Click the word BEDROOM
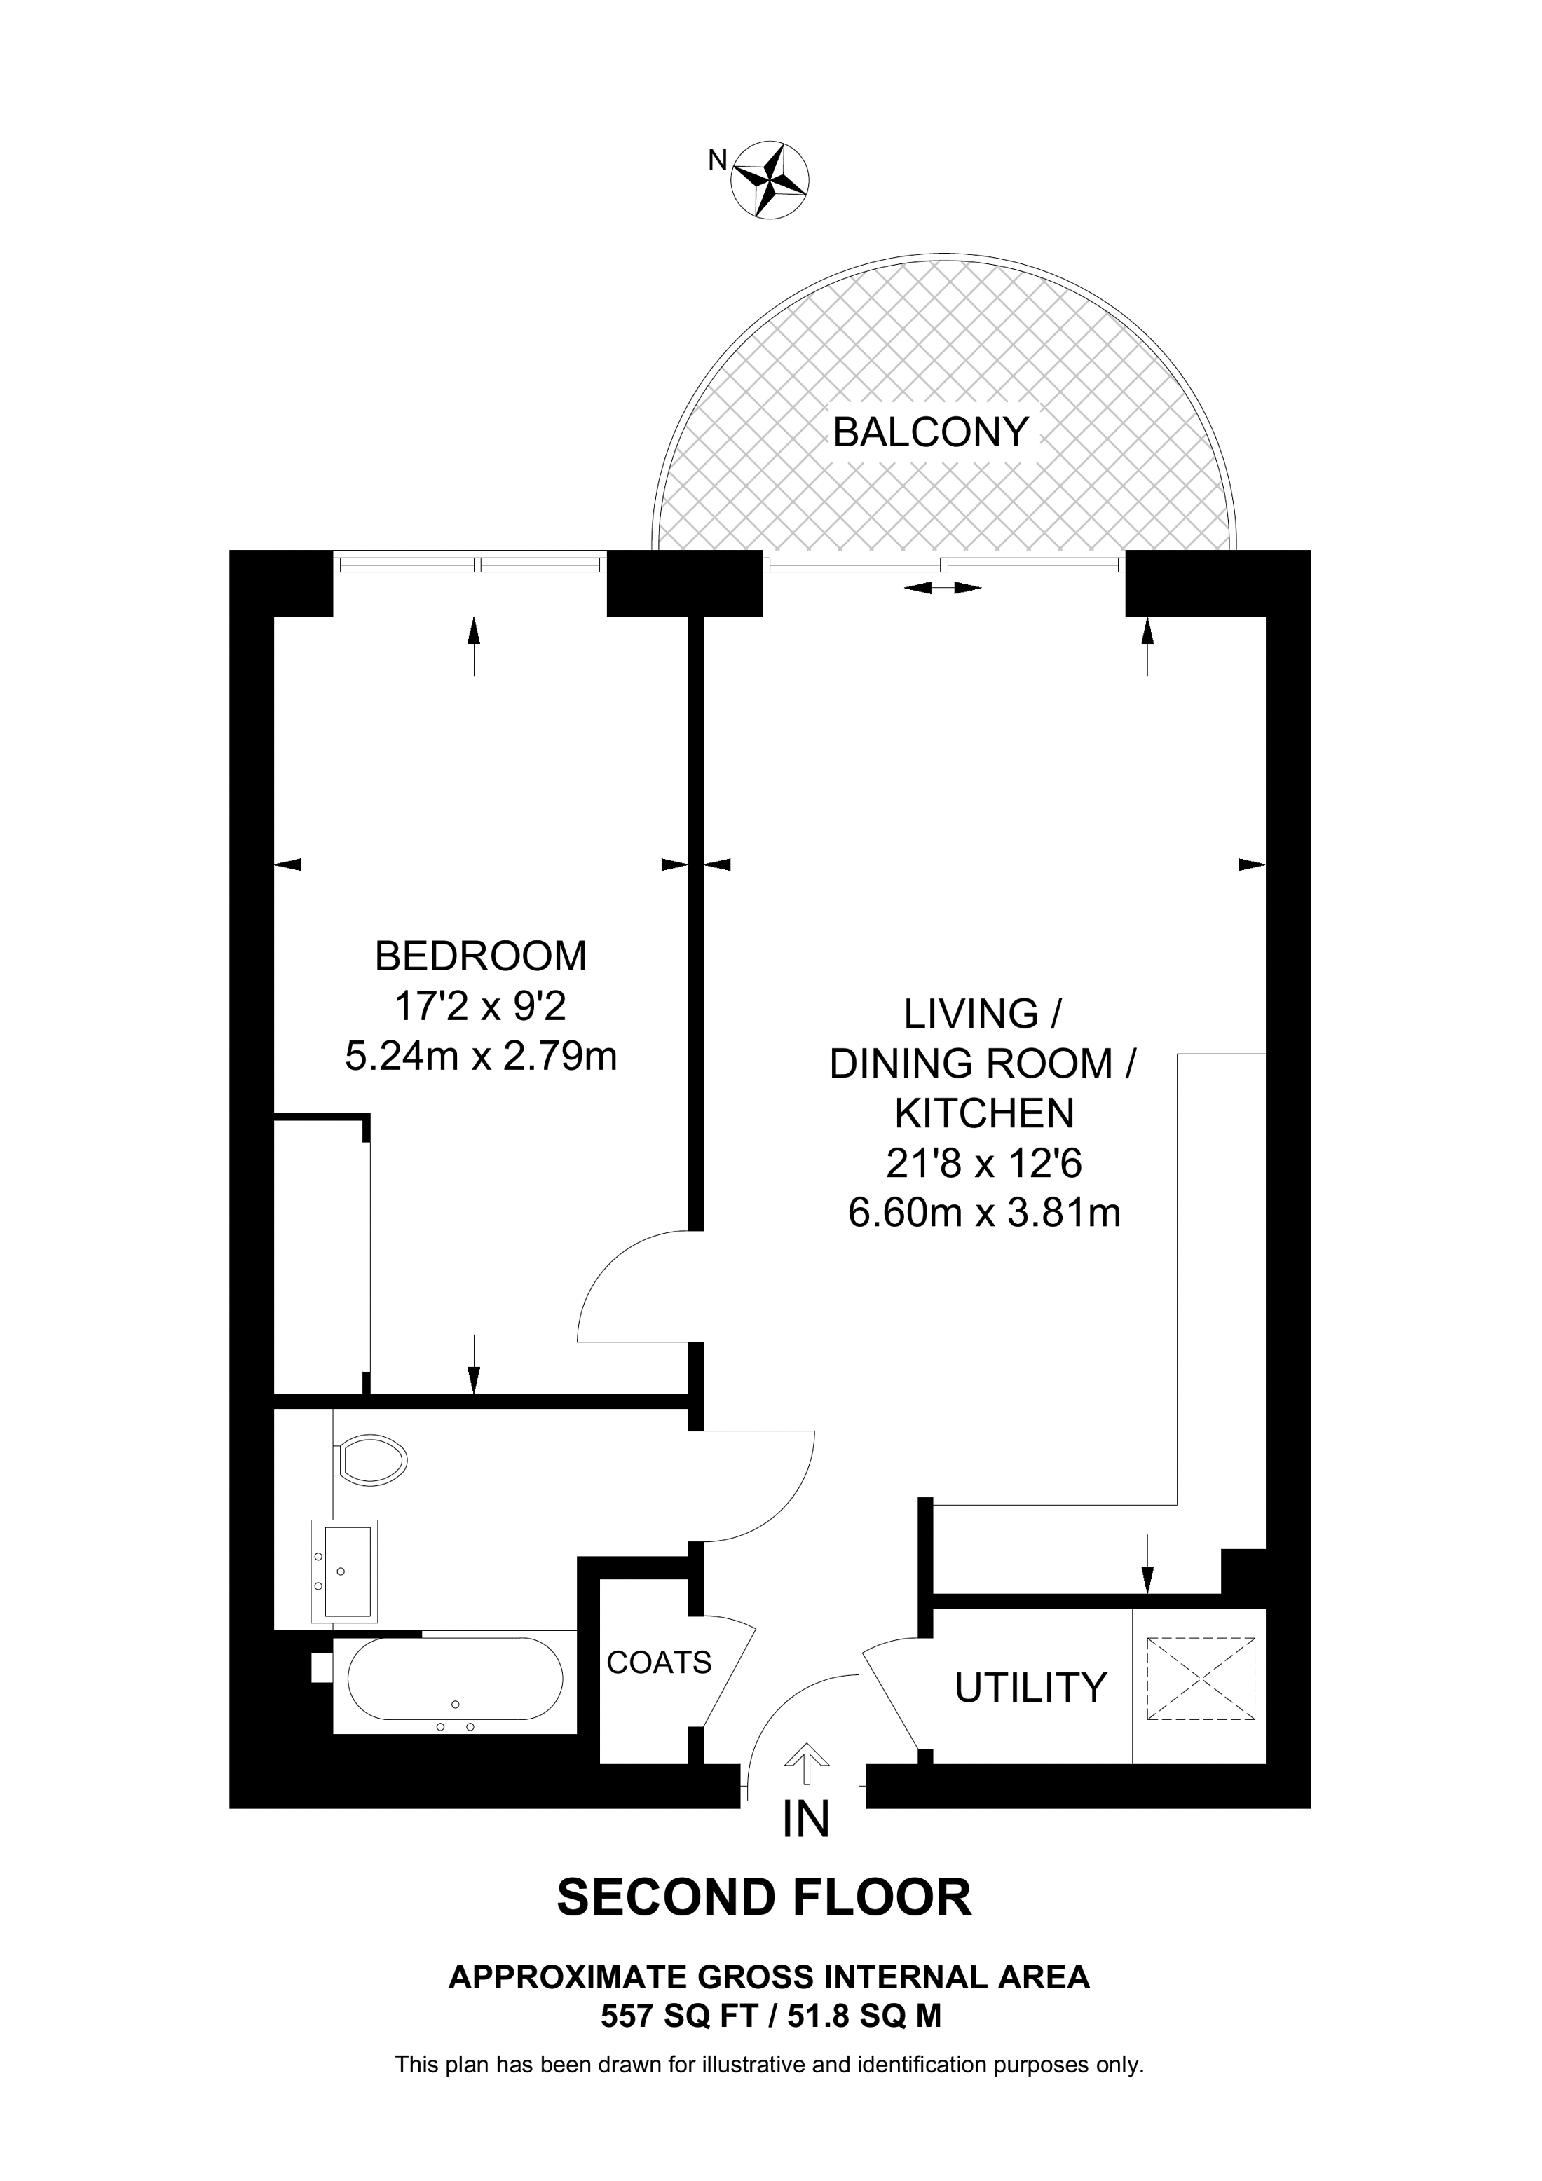pyautogui.click(x=481, y=956)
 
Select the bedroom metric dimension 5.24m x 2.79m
pyautogui.click(x=481, y=1057)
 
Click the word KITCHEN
pyautogui.click(x=984, y=1113)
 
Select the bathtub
pyautogui.click(x=455, y=1679)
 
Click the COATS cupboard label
pyautogui.click(x=660, y=1663)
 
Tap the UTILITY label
pyautogui.click(x=1031, y=1688)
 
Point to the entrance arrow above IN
pyautogui.click(x=807, y=1767)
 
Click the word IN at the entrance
pyautogui.click(x=805, y=1821)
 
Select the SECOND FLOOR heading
pyautogui.click(x=765, y=1900)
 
